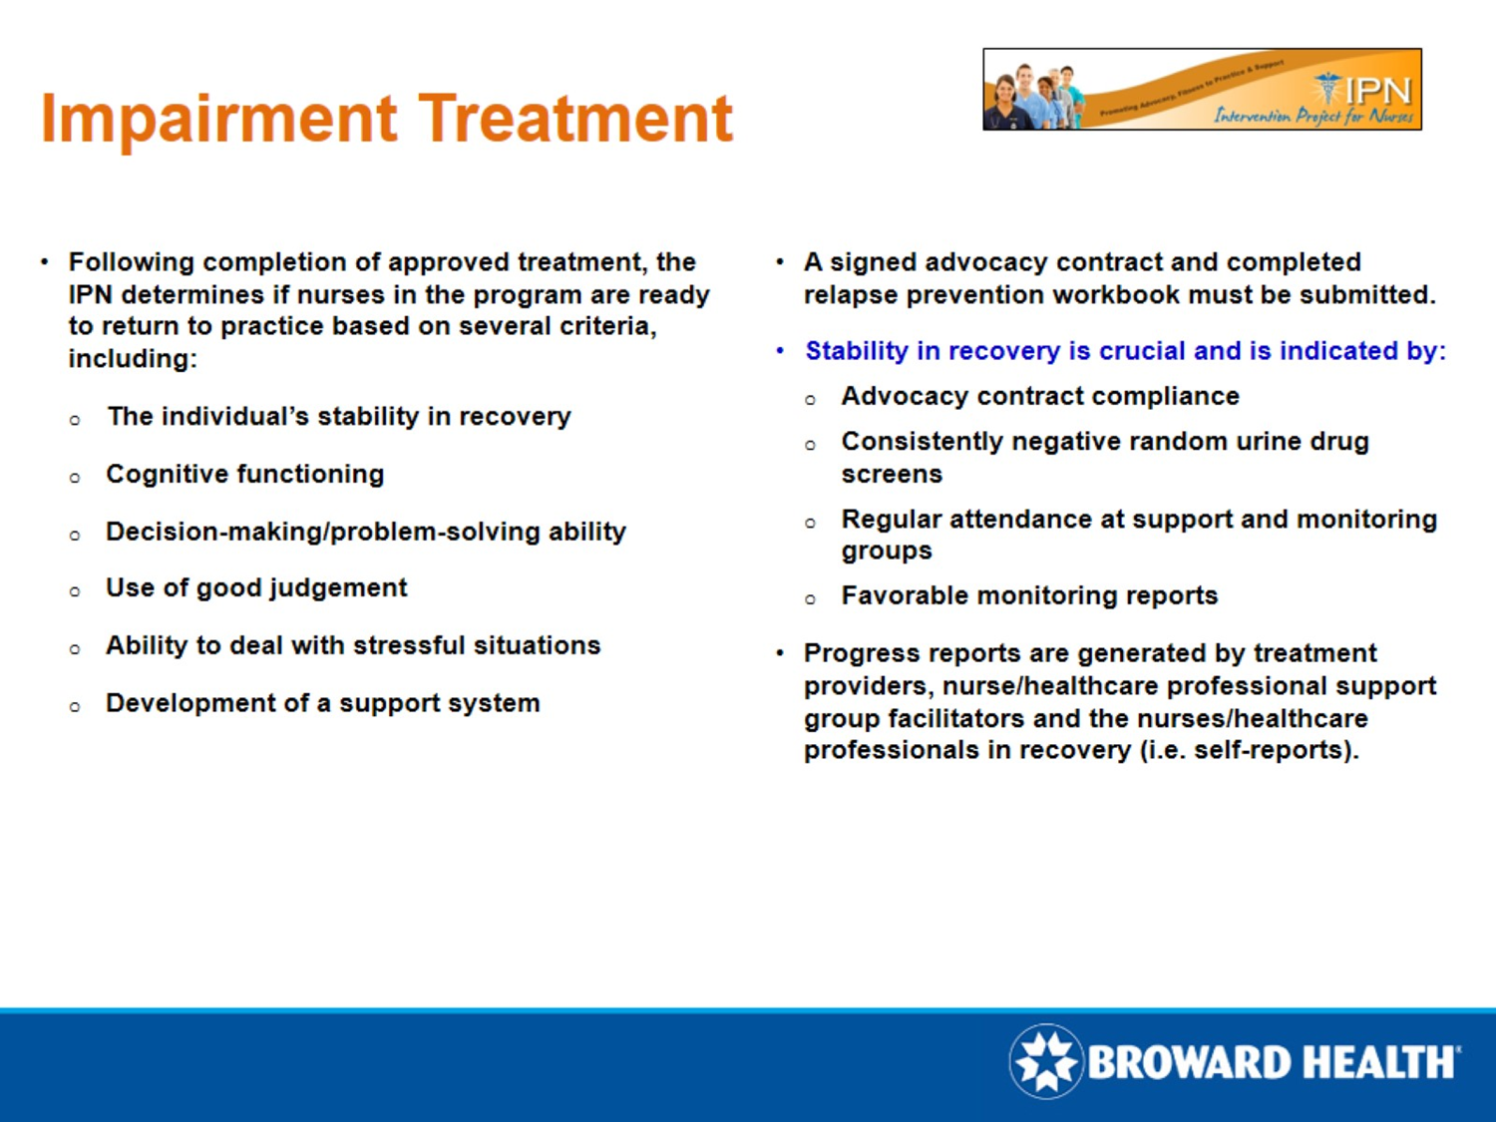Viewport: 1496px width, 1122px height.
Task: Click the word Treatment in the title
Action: [x=575, y=118]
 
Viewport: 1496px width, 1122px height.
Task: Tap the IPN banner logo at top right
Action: [x=1202, y=90]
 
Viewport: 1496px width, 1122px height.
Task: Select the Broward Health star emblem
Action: [x=1045, y=1061]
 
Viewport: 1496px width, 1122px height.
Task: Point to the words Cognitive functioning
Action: [x=244, y=474]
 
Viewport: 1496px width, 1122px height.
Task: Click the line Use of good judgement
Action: [x=256, y=588]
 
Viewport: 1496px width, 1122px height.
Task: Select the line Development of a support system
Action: [x=322, y=703]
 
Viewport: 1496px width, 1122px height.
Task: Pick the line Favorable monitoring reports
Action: [x=1029, y=595]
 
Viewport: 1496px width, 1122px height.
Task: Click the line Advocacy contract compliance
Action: [x=1040, y=396]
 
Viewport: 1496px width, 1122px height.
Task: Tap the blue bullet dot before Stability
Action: [x=780, y=351]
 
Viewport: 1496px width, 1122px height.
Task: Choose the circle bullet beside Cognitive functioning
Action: [x=75, y=478]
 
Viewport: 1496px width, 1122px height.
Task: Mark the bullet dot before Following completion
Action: [x=45, y=262]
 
